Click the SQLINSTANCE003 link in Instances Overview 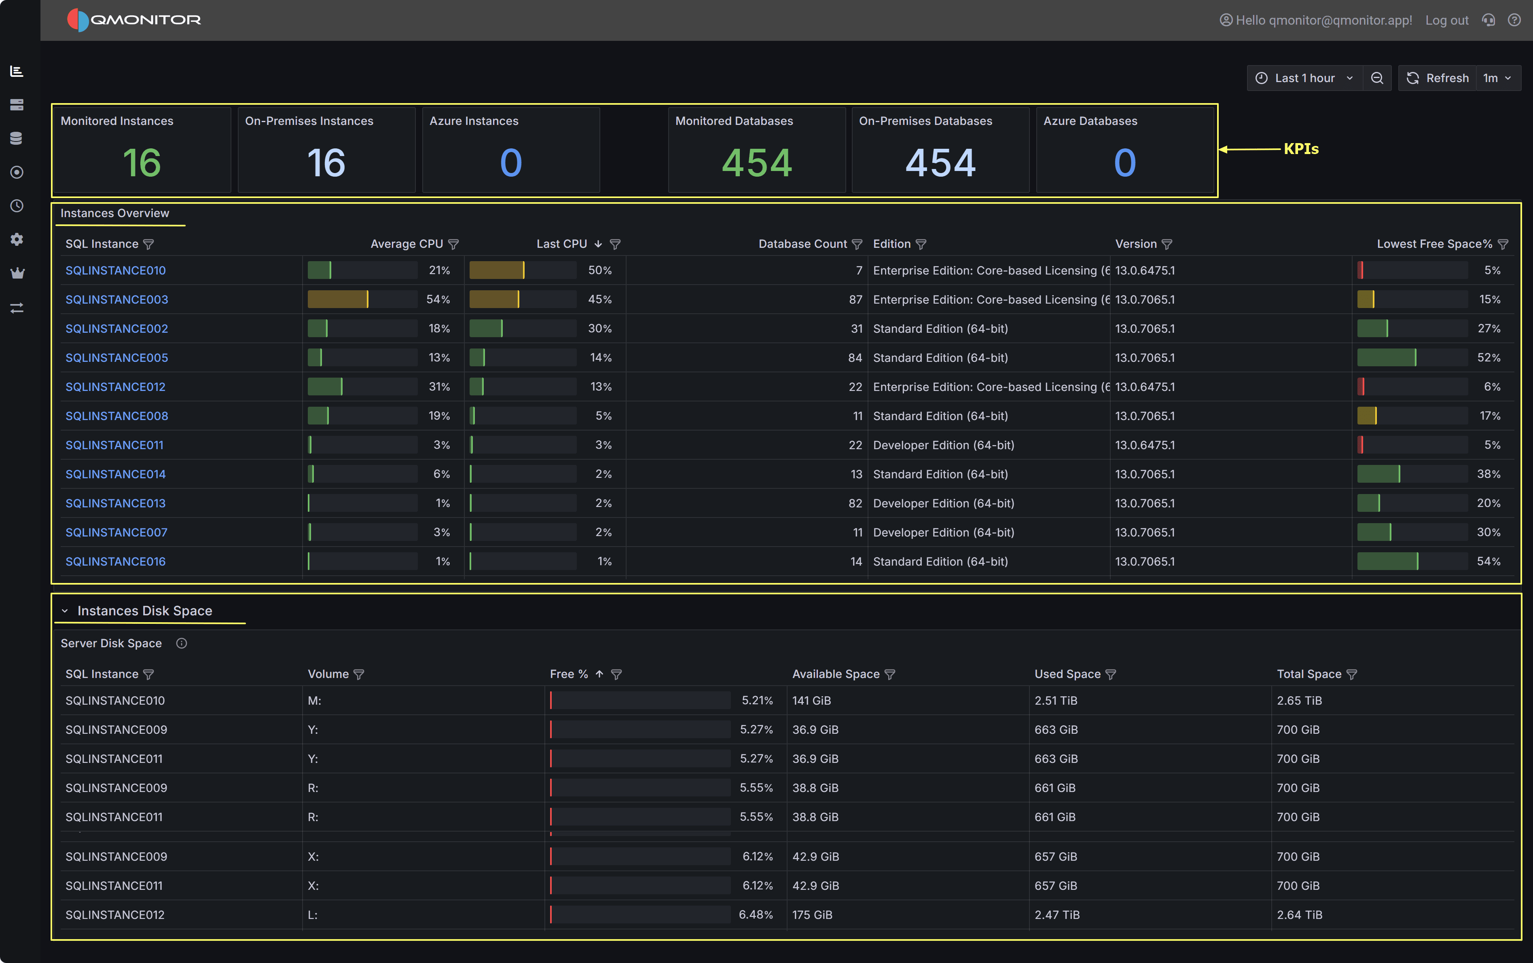[x=116, y=299]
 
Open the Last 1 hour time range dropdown [x=1304, y=78]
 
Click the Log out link [x=1446, y=20]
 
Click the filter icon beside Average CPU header [x=453, y=245]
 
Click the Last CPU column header [x=561, y=244]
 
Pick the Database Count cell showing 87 [x=855, y=299]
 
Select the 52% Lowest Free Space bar [x=1387, y=358]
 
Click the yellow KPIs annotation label [x=1301, y=149]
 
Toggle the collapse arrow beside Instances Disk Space [x=64, y=611]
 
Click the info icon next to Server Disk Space [x=182, y=644]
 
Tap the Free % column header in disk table [x=569, y=674]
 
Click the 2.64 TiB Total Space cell [x=1299, y=914]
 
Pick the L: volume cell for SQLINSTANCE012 [x=313, y=914]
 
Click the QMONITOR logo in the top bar [x=134, y=20]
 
